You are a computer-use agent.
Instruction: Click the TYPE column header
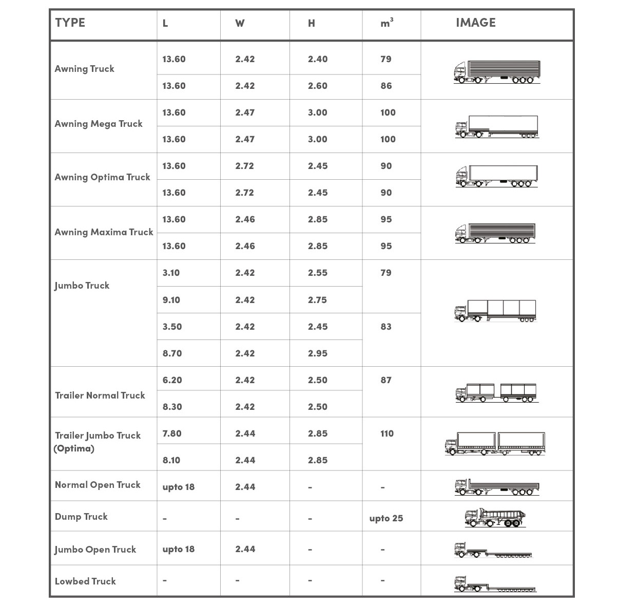click(70, 23)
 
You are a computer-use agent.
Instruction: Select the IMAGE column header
click(475, 23)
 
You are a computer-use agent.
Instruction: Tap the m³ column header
click(387, 23)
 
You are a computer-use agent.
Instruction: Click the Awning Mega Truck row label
click(99, 124)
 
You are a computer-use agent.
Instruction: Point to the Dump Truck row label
click(81, 517)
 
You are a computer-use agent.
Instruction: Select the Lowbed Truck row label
click(85, 581)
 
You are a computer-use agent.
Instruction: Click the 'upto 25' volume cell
click(386, 518)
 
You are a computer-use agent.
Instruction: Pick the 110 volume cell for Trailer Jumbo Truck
click(387, 433)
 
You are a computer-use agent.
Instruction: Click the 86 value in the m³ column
click(387, 86)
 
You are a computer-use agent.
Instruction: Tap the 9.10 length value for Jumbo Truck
click(171, 300)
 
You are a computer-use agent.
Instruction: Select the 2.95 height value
click(318, 353)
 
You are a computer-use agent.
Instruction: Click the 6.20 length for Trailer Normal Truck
click(172, 380)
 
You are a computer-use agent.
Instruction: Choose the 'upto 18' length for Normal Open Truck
click(179, 487)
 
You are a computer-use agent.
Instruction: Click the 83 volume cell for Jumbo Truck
click(386, 327)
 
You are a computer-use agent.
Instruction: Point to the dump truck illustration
click(495, 518)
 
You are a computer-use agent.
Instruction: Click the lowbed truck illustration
click(495, 584)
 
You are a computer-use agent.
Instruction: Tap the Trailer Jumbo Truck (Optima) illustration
click(495, 444)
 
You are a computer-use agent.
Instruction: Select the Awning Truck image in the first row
click(497, 72)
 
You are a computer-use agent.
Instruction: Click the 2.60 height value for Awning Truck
click(318, 86)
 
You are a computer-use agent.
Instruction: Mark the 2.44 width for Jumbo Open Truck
click(245, 549)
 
